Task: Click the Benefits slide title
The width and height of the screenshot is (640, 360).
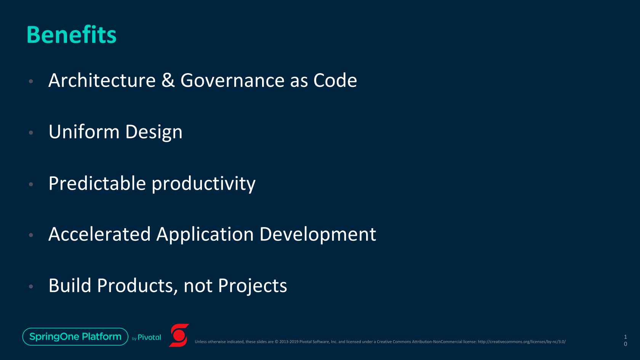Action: coord(72,35)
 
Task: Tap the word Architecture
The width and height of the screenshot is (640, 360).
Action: coord(102,80)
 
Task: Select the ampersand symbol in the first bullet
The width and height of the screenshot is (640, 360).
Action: coord(168,80)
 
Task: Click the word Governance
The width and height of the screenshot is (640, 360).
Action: coord(232,80)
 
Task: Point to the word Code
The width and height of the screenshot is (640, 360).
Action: coord(335,80)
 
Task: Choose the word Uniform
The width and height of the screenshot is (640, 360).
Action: coord(84,132)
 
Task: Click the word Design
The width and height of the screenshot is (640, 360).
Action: coord(154,132)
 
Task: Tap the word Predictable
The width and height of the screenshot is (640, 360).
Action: coord(97,183)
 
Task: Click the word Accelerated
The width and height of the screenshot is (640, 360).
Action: coord(99,234)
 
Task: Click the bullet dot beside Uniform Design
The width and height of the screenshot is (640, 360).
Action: coord(31,133)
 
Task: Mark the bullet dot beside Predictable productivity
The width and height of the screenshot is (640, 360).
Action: coord(31,184)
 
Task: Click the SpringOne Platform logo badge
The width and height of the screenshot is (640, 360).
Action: coord(75,337)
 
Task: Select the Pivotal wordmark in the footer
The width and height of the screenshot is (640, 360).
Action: coord(149,338)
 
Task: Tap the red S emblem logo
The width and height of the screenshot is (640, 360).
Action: coord(179,335)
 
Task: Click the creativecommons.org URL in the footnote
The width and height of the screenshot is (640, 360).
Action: coord(522,342)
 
